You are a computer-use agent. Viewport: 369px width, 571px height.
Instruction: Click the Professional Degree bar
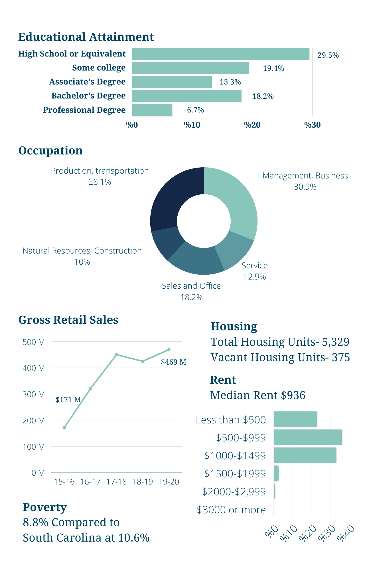coord(152,110)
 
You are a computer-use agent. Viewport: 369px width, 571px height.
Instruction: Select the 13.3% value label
coord(230,82)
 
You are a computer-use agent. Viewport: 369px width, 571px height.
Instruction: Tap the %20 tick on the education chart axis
coord(252,125)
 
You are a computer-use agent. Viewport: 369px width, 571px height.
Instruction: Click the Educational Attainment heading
coord(86,37)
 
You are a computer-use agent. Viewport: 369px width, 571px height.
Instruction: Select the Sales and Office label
coord(191,286)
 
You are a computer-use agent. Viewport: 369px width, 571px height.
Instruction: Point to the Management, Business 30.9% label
coord(305,181)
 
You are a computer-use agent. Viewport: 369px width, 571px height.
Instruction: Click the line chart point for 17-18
coord(116,355)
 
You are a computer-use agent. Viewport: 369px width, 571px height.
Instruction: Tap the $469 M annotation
coord(173,362)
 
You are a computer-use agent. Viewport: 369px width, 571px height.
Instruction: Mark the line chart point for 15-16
coord(64,428)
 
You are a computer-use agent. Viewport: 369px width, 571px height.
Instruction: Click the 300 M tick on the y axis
coord(34,394)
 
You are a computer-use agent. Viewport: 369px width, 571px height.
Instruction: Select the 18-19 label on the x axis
coord(143,482)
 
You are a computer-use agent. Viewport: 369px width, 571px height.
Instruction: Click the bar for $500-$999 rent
coord(308,437)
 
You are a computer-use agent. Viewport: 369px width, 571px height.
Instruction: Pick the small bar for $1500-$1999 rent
coord(276,473)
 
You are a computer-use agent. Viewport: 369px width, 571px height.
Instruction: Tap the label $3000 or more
coord(231,510)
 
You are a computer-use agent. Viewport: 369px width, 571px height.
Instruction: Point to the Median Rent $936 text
coord(258,395)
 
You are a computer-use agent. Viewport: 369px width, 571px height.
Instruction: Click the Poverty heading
coord(44,507)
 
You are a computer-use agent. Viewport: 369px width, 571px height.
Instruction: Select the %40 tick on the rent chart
coord(346,533)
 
